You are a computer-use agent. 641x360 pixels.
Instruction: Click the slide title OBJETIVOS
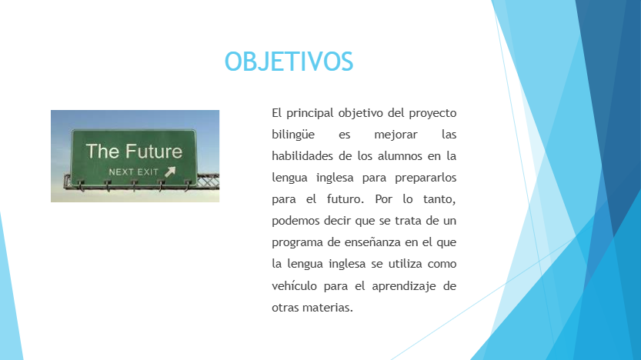289,62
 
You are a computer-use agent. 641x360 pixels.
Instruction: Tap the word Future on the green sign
154,152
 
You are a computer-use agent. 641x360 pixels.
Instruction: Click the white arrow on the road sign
170,172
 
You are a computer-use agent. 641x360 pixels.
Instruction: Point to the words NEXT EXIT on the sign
133,172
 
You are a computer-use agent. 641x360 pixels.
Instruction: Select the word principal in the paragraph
310,113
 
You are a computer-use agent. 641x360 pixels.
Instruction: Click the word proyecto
432,113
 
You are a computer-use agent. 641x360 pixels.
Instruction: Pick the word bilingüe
293,135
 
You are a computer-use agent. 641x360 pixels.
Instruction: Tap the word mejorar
396,135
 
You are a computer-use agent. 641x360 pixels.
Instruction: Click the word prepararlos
426,178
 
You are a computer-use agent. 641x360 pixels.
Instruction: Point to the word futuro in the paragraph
345,199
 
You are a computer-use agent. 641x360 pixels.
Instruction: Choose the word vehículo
294,285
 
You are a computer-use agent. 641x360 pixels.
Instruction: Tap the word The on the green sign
102,152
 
